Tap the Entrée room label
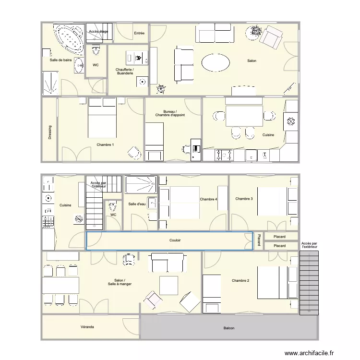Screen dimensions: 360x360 [139, 33]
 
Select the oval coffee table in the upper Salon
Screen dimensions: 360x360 [216, 62]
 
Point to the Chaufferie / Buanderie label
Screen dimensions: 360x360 [125, 72]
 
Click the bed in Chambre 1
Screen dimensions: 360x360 [102, 118]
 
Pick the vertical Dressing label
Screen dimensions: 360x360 [50, 133]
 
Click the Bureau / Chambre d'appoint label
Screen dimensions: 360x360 [170, 113]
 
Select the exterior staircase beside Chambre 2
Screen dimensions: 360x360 [309, 283]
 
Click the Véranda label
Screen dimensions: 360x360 [87, 327]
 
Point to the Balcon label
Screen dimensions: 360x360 [229, 328]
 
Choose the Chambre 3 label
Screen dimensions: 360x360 [244, 199]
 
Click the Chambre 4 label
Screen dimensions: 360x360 [208, 199]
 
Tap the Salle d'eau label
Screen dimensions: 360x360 [137, 204]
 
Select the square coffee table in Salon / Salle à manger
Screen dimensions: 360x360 [169, 285]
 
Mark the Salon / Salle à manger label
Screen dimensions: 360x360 [116, 282]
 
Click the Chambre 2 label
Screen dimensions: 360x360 [240, 280]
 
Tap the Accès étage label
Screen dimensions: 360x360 [98, 32]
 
